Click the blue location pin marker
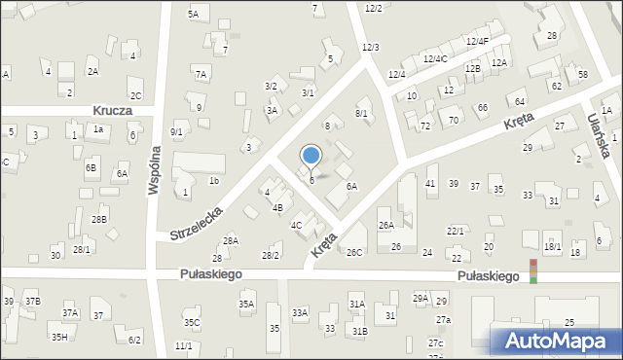(x=311, y=156)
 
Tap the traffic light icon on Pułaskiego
(x=532, y=271)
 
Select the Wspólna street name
(x=153, y=172)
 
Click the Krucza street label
(x=113, y=111)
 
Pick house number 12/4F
(x=477, y=41)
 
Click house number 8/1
(x=360, y=114)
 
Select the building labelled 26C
(x=353, y=253)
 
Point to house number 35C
(x=192, y=322)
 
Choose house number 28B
(x=99, y=220)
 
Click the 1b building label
(x=213, y=181)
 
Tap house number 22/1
(x=455, y=231)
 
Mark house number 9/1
(x=176, y=131)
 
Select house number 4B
(x=277, y=207)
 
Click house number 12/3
(x=370, y=48)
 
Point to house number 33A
(x=300, y=312)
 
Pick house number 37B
(x=33, y=302)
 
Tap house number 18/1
(x=553, y=247)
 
